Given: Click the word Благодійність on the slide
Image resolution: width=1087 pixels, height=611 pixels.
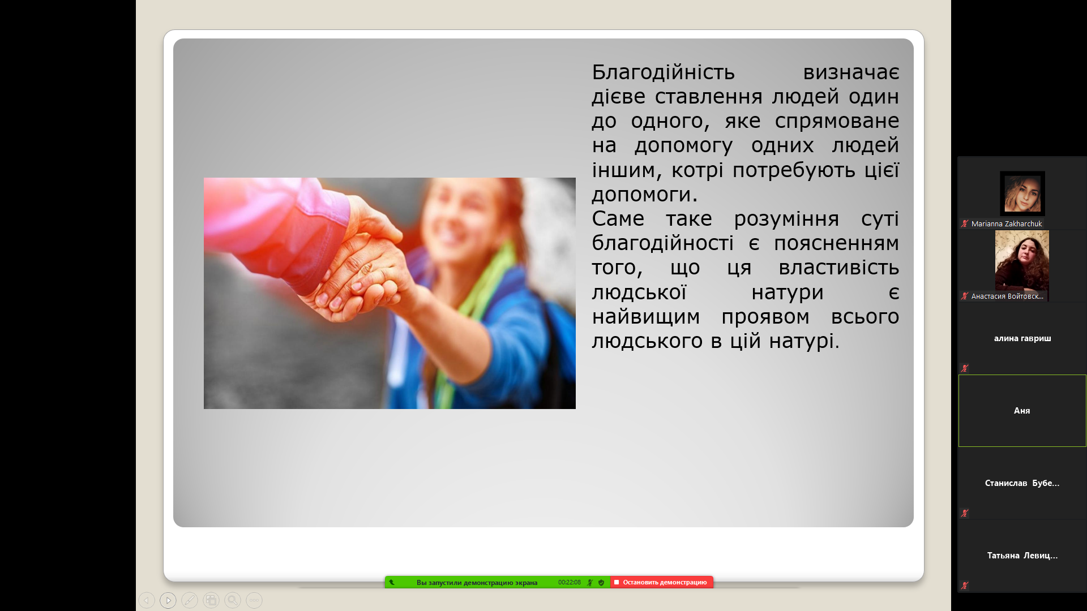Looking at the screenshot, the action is (x=663, y=72).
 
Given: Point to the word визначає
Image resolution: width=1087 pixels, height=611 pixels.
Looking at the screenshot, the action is (x=851, y=72).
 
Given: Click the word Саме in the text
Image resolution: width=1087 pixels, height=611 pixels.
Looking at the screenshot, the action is (x=618, y=218).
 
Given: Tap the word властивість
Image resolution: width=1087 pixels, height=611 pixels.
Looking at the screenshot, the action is (x=838, y=268).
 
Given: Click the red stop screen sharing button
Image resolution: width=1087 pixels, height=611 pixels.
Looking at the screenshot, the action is (x=661, y=582).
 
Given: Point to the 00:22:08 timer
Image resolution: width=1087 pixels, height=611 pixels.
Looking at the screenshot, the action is (x=569, y=582).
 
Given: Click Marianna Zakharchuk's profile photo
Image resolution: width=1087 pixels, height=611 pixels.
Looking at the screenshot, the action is (x=1022, y=193).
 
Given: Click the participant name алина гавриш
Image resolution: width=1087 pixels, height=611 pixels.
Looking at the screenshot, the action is (x=1022, y=338).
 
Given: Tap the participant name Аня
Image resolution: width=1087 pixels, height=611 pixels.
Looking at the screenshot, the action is (x=1022, y=411).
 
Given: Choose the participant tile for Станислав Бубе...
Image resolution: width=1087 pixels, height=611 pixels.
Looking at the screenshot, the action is (x=1022, y=483).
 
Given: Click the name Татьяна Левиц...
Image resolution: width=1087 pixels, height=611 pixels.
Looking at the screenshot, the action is (x=1022, y=556).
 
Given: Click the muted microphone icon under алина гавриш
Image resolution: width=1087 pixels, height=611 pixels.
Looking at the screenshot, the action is (x=965, y=368).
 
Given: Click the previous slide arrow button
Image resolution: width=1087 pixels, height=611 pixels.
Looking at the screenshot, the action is (x=147, y=600).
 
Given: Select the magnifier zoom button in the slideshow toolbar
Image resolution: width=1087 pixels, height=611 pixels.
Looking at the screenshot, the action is (x=233, y=600).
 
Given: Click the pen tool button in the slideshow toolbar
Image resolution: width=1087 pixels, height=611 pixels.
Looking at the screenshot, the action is (x=190, y=600).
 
